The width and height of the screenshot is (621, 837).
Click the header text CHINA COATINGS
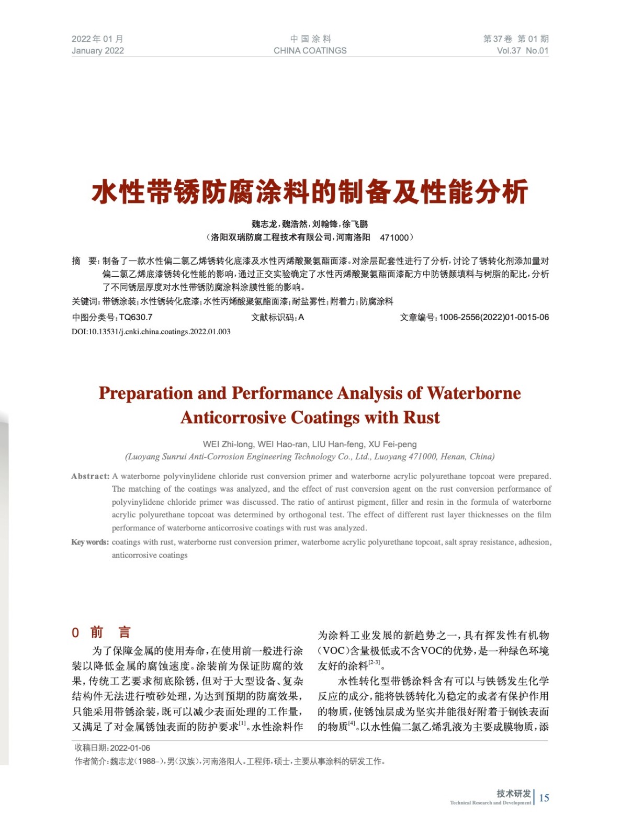coord(310,51)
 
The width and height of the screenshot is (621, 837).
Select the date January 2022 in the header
coord(98,51)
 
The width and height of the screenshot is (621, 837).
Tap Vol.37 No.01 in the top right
coord(522,51)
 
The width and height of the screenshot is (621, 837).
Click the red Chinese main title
coord(310,191)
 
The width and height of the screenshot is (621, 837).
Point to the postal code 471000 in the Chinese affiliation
coord(394,237)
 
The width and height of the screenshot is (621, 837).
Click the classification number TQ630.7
coord(136,317)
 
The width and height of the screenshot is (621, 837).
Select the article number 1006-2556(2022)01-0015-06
coord(494,317)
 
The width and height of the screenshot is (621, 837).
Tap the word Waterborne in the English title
coord(473,393)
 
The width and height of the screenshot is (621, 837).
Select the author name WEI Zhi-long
coord(229,444)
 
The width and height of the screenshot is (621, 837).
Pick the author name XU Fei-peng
coord(392,444)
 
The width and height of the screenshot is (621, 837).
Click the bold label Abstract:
coord(91,476)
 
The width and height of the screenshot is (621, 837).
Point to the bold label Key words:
coord(90,542)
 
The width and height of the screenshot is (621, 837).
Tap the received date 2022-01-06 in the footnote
coord(130,748)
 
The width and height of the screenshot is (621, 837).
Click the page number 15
coord(544,798)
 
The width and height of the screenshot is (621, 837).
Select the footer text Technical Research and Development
coord(490,802)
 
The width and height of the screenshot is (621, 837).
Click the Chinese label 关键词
coord(84,301)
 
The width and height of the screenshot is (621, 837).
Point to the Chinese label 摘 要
coord(84,261)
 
